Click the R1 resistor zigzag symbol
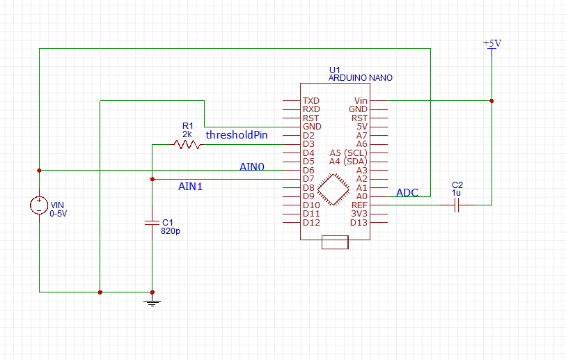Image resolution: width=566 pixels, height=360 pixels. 187,144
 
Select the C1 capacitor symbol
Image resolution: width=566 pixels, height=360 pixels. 152,223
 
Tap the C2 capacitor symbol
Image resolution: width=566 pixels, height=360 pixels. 456,205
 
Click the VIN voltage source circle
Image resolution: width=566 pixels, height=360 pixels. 39,205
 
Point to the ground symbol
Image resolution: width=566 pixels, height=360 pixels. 152,301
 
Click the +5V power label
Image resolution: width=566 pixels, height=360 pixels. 492,43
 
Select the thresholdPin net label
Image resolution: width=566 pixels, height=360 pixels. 237,135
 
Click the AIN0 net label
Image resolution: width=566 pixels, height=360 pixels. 252,166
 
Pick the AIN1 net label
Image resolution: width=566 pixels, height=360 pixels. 191,187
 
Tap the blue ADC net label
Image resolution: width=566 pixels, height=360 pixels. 407,193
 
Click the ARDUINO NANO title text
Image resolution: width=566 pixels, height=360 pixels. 360,79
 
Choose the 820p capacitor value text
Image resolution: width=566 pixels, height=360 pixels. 171,230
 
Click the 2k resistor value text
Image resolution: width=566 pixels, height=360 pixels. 187,134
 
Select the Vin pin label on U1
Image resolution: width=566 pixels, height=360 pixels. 361,101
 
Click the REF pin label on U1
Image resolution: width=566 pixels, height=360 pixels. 359,205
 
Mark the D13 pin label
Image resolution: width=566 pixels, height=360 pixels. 359,223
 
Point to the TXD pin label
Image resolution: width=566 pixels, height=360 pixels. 311,101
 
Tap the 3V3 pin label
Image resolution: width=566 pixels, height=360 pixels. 359,214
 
